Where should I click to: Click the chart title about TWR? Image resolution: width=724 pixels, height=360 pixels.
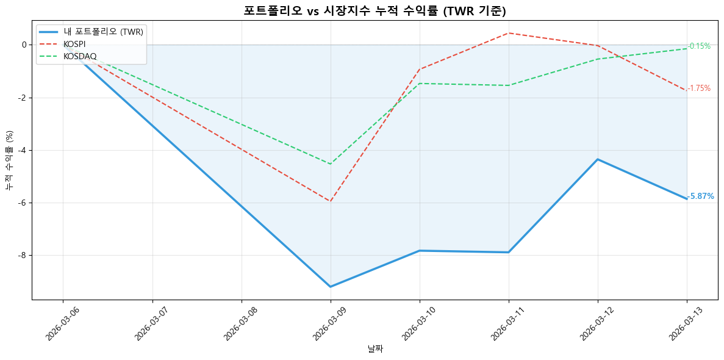pyautogui.click(x=375, y=10)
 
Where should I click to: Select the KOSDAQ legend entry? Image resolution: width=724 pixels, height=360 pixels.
pyautogui.click(x=80, y=56)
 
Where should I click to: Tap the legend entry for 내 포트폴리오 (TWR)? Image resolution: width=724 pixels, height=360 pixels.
pyautogui.click(x=103, y=32)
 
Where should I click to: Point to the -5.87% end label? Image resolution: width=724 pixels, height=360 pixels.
pyautogui.click(x=701, y=196)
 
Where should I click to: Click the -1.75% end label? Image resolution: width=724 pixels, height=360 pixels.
pyautogui.click(x=700, y=88)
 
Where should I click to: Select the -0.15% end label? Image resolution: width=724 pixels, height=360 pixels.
pyautogui.click(x=700, y=46)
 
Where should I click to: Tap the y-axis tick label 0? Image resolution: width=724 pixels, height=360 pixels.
pyautogui.click(x=24, y=45)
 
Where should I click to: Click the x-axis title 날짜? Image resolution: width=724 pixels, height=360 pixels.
pyautogui.click(x=375, y=349)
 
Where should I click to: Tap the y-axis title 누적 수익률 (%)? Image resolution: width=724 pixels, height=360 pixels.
pyautogui.click(x=9, y=160)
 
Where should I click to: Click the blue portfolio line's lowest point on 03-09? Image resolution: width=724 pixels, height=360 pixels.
pyautogui.click(x=330, y=287)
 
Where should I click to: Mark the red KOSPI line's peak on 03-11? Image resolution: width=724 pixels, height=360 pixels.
pyautogui.click(x=509, y=33)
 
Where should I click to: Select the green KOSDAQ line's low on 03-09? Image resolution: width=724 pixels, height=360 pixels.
pyautogui.click(x=330, y=164)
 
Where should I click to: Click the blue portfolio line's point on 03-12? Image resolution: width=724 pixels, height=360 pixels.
pyautogui.click(x=598, y=159)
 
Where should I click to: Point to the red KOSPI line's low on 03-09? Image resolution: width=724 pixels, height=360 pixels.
pyautogui.click(x=330, y=201)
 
